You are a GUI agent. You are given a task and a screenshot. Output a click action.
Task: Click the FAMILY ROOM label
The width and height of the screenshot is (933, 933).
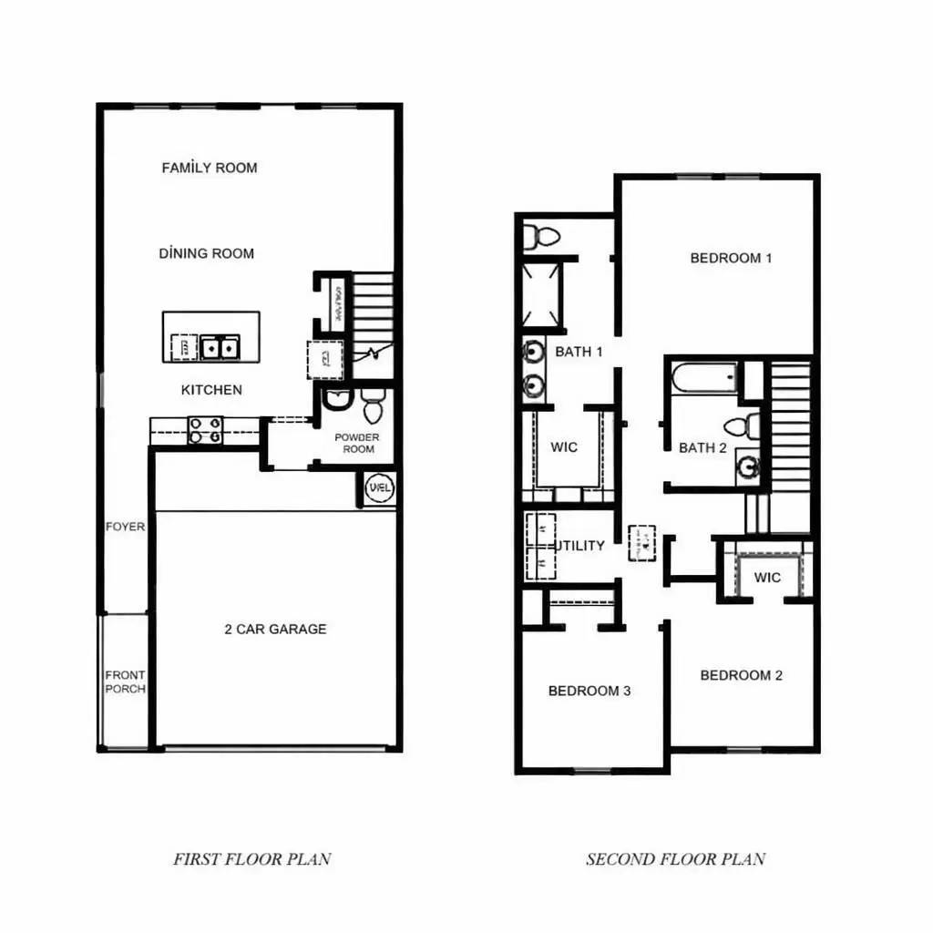[210, 168]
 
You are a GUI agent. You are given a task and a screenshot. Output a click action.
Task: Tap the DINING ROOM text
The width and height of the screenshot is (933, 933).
[207, 253]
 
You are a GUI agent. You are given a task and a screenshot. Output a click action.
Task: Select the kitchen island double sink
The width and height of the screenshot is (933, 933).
[220, 347]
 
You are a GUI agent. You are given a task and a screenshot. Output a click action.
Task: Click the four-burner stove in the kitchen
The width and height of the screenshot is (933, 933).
[205, 430]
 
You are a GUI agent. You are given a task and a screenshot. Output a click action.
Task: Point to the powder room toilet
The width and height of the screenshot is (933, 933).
[373, 406]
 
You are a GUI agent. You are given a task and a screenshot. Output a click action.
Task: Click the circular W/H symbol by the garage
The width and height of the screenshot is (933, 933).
[380, 488]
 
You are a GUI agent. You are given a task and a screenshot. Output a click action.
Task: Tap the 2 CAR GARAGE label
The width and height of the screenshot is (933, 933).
[275, 629]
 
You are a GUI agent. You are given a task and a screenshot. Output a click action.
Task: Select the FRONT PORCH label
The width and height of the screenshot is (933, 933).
[125, 682]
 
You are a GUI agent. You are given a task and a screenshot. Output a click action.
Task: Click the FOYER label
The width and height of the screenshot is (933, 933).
[125, 527]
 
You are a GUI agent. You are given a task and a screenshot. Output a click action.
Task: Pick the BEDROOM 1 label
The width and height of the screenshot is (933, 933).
[731, 258]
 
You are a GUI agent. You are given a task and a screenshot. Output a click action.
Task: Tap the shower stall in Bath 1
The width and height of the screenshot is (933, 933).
[541, 293]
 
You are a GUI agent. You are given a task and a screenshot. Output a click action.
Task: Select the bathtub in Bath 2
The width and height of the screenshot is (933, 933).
[703, 378]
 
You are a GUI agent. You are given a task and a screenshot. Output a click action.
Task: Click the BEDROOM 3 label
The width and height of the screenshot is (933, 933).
[589, 691]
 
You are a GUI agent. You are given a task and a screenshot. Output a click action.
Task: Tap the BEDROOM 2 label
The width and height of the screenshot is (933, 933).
[741, 675]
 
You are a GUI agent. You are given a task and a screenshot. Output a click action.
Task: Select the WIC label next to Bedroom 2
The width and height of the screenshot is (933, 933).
[767, 578]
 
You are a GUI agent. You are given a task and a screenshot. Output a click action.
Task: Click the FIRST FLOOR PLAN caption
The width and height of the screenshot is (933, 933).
[252, 858]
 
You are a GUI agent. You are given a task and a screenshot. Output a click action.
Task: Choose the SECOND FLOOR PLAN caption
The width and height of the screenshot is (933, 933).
[675, 858]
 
